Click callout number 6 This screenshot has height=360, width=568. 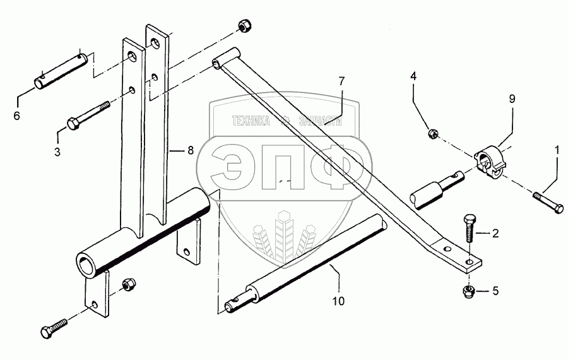[x=17, y=116]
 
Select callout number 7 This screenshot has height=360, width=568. [x=341, y=81]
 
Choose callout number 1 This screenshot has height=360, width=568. [x=557, y=150]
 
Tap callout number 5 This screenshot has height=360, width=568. [x=495, y=292]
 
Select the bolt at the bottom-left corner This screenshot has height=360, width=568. [x=55, y=329]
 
